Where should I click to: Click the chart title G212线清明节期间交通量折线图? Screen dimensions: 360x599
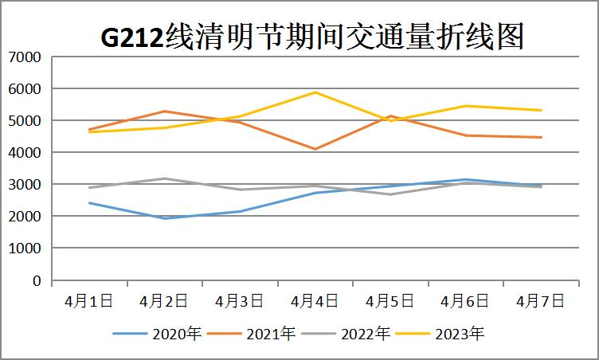(312, 37)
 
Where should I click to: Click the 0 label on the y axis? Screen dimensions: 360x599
(36, 281)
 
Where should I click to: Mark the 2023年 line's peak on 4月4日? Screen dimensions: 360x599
(315, 92)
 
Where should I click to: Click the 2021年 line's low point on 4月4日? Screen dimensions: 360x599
(315, 149)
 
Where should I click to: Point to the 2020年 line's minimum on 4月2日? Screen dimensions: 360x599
(165, 218)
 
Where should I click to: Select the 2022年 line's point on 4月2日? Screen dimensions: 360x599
(165, 178)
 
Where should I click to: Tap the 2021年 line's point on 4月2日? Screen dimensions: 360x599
(165, 111)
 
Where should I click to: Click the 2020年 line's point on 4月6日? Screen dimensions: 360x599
(466, 179)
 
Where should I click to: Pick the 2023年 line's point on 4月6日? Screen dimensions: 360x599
(466, 106)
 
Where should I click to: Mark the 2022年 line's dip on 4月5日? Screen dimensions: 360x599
(390, 194)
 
